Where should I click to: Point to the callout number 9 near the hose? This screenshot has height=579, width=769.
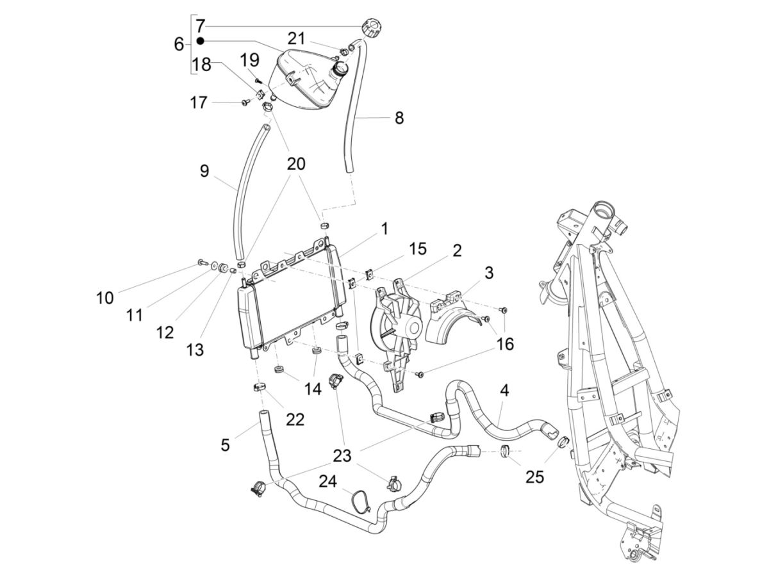coord(204,171)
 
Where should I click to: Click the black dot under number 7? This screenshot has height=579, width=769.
coord(200,40)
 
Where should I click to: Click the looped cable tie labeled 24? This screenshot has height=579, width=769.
coord(360,500)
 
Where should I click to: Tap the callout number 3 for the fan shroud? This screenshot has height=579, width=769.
coord(507,273)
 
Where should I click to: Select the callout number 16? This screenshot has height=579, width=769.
coord(504,345)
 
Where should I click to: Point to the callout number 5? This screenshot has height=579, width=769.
coord(225,444)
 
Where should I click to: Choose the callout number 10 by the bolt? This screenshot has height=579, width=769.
coord(104,298)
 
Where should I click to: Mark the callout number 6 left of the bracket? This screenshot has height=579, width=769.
coord(179,44)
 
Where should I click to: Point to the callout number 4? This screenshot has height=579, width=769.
coord(504,389)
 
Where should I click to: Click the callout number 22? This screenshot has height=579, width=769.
coord(295,420)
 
